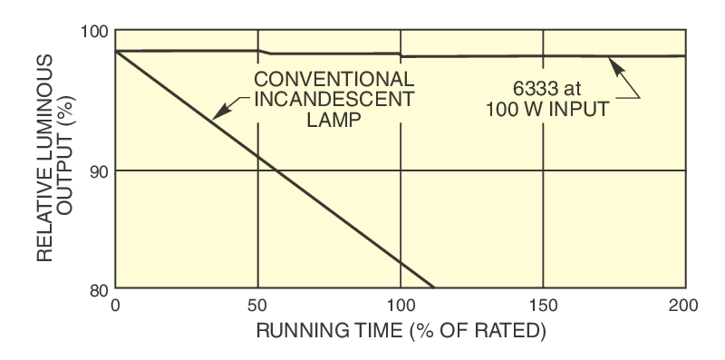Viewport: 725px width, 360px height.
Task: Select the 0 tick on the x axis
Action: point(115,305)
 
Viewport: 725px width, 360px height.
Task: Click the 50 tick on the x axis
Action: point(258,305)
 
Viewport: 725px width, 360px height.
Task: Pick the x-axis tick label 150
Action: point(543,305)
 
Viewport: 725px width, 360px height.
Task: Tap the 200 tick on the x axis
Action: point(685,305)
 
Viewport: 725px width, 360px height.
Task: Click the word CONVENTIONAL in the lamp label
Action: point(334,78)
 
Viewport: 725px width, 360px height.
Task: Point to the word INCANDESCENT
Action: point(334,98)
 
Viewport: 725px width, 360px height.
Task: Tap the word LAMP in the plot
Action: point(334,118)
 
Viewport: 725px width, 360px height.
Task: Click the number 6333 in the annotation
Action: point(535,90)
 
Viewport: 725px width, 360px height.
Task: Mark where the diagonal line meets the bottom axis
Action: point(435,288)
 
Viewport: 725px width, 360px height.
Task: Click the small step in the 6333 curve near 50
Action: point(262,53)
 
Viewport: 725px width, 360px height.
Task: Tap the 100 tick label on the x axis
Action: point(401,305)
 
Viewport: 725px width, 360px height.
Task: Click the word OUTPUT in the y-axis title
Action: point(67,159)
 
